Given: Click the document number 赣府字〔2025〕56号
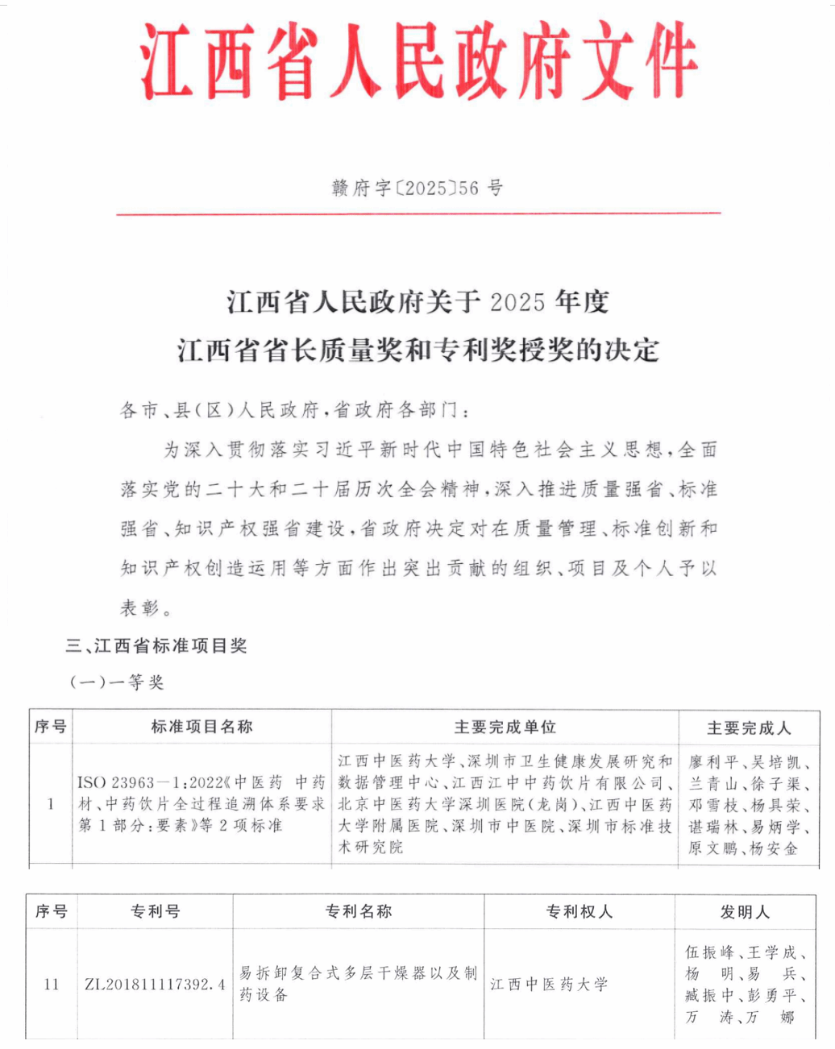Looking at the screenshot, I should [x=417, y=189].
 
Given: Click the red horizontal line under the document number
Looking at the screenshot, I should [x=417, y=214].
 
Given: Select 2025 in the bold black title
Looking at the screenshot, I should [x=517, y=302].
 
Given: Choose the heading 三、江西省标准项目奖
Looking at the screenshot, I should [x=156, y=646].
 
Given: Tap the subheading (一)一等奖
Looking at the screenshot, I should [x=117, y=682].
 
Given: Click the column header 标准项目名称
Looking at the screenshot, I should [x=201, y=727].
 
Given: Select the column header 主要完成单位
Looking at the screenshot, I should [x=505, y=727].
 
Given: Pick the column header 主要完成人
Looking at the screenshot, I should [x=749, y=728].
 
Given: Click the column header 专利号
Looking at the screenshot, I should [x=155, y=911].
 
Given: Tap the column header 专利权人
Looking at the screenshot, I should [x=579, y=911].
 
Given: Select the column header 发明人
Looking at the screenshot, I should [x=745, y=912].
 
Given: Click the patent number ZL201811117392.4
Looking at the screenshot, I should [x=155, y=985].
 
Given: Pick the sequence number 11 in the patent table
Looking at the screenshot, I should [x=52, y=985].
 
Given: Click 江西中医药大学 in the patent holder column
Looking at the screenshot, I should [x=549, y=985].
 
